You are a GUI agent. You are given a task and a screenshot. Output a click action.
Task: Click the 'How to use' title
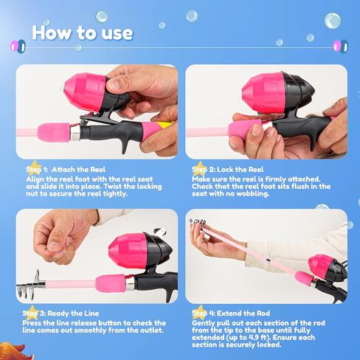click(83, 32)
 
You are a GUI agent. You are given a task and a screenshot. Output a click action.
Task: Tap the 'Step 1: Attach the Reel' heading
click(66, 170)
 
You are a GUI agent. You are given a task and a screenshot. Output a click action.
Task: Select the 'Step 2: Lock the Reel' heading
click(227, 170)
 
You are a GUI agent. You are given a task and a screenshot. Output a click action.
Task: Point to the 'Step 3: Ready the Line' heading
click(60, 314)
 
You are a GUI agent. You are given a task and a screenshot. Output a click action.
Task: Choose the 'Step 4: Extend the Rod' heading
click(231, 314)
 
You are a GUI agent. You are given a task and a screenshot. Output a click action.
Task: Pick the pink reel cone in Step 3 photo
click(128, 250)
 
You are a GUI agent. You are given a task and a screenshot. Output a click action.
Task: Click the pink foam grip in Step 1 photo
click(54, 132)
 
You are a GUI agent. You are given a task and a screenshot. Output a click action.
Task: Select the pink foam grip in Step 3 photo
click(111, 283)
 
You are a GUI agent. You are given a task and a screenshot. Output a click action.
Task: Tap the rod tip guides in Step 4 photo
click(198, 223)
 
